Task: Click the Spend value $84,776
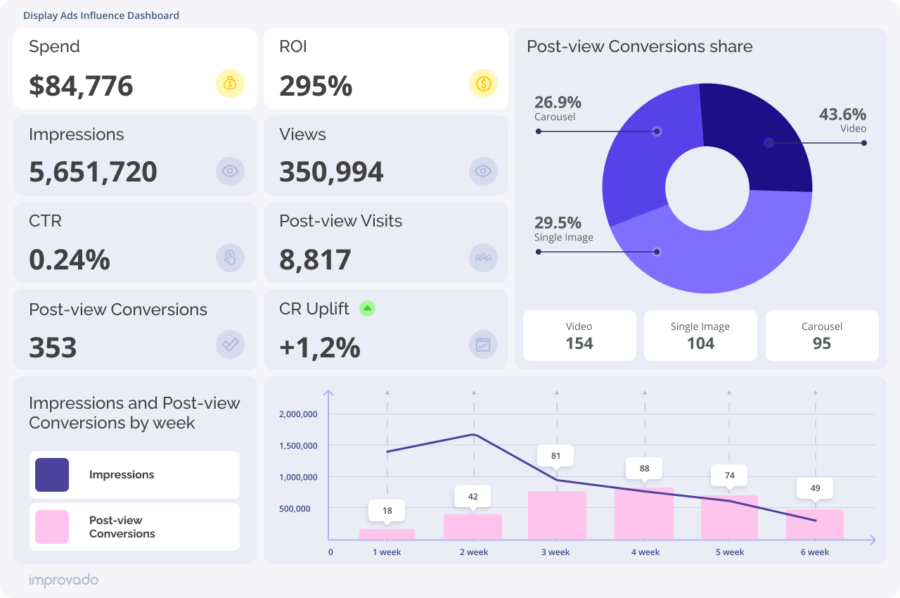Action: click(81, 86)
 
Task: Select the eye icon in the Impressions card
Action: click(230, 171)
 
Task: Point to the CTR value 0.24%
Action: click(70, 260)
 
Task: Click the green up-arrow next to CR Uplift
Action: click(367, 308)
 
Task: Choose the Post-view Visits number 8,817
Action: click(315, 260)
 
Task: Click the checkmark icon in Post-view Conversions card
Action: click(230, 345)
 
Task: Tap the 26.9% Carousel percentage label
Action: click(558, 102)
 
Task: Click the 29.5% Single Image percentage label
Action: click(558, 223)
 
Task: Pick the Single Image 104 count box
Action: click(700, 336)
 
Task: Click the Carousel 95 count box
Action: click(821, 336)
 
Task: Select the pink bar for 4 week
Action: click(644, 514)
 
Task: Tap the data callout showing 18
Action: click(387, 511)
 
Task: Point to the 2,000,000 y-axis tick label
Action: click(298, 414)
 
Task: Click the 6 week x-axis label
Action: click(815, 552)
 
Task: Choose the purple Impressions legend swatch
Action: click(52, 475)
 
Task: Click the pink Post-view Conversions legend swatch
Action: click(52, 527)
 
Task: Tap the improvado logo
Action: click(63, 580)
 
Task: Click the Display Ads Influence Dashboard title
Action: click(101, 15)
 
